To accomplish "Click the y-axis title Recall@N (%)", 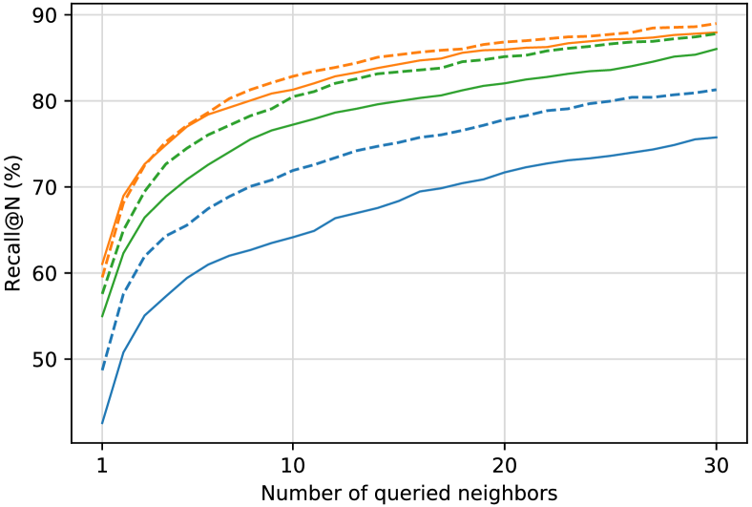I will point(14,228).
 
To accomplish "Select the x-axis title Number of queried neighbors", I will point(408,493).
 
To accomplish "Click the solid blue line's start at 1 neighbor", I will point(102,423).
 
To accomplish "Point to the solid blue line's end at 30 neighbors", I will point(717,137).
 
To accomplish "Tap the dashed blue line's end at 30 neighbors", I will point(717,90).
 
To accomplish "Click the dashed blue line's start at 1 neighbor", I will point(102,370).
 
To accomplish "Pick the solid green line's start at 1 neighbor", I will point(102,316).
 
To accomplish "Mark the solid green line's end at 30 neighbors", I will point(717,49).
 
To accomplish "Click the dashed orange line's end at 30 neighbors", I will point(717,24).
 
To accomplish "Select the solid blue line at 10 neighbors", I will point(293,236).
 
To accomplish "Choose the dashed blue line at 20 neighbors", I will point(505,119).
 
